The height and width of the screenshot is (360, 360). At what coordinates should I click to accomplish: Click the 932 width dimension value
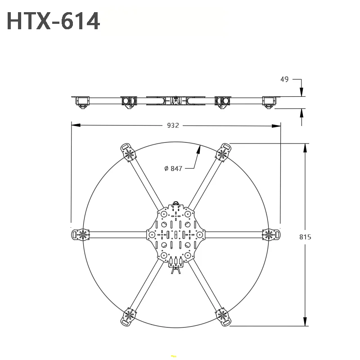(173, 126)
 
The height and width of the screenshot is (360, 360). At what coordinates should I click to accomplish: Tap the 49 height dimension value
(284, 80)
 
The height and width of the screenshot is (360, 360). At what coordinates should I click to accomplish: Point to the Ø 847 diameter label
(173, 168)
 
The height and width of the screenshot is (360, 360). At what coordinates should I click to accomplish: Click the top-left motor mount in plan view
(128, 153)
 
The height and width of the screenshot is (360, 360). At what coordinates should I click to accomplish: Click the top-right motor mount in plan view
(223, 153)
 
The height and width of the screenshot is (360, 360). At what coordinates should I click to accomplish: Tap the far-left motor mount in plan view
(81, 234)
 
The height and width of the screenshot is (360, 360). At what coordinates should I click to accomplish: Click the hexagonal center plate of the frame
(175, 234)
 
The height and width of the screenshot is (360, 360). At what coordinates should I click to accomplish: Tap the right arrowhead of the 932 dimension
(276, 126)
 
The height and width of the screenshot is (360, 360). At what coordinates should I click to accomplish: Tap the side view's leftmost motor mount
(82, 102)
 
